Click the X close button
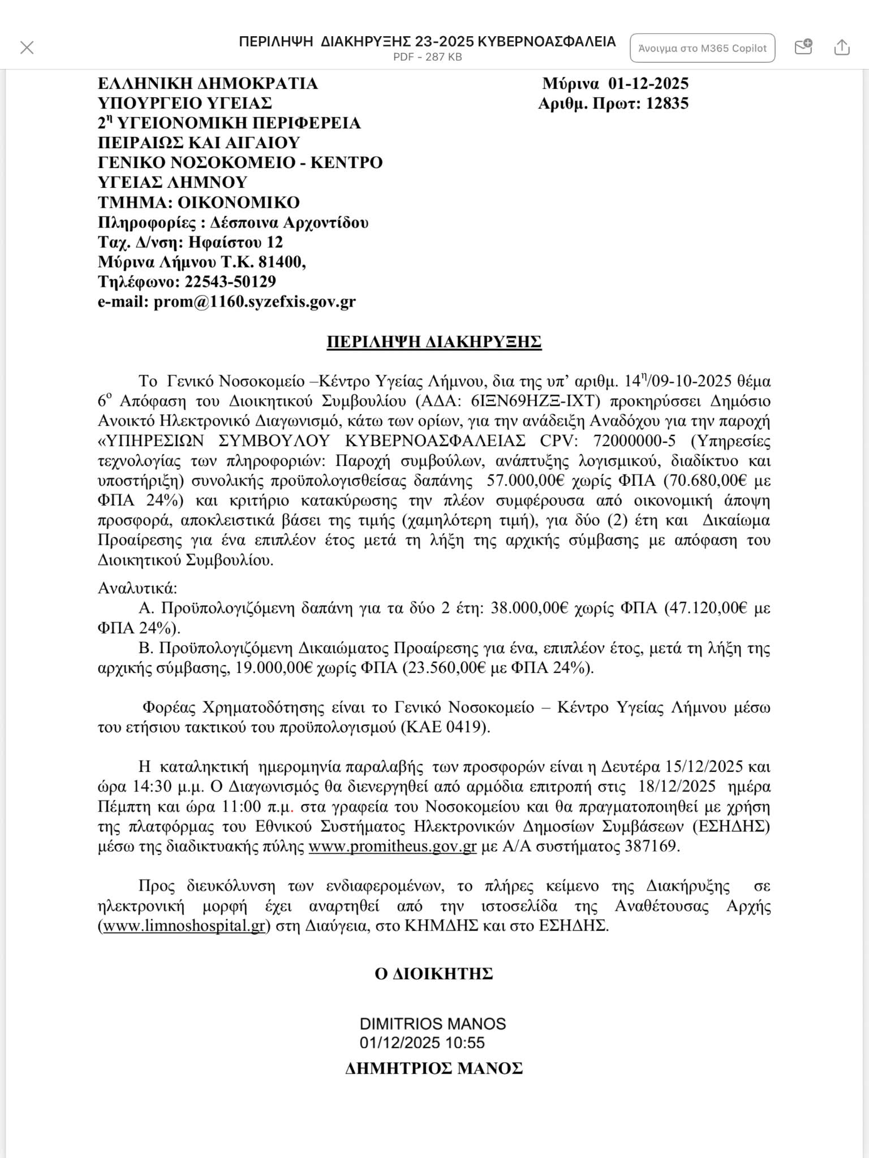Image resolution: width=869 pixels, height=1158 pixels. [27, 47]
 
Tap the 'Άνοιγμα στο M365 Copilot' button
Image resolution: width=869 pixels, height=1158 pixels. [702, 48]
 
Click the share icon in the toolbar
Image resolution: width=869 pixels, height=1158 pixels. [842, 47]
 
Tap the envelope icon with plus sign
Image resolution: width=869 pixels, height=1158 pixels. [803, 47]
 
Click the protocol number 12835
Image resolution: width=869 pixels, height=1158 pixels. [667, 103]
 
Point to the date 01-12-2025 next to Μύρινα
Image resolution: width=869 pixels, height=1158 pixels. [648, 84]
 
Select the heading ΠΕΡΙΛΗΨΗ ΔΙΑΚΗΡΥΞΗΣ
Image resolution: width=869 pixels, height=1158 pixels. [434, 342]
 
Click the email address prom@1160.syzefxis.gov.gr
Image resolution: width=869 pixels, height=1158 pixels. [255, 302]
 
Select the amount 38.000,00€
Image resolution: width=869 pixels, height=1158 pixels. [529, 608]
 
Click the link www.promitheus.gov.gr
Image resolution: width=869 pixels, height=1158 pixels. [393, 846]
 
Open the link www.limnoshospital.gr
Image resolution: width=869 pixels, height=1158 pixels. [184, 926]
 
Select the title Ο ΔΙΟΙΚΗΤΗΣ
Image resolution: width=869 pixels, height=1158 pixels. [434, 974]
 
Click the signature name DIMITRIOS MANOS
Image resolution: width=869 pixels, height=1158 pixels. [433, 1024]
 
